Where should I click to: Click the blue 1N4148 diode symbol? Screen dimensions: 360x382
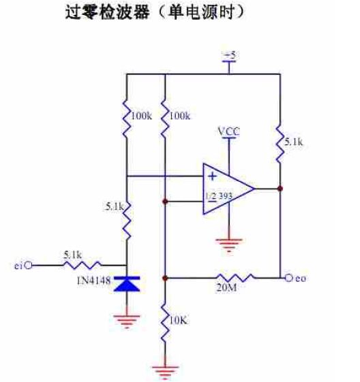[x=127, y=284]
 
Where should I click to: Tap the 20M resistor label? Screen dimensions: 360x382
[x=226, y=288]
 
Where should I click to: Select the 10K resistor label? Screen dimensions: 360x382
[x=178, y=321]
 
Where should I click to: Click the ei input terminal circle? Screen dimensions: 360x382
[x=29, y=266]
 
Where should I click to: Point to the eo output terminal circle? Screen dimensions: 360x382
[x=288, y=278]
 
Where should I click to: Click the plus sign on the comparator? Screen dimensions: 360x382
[x=213, y=176]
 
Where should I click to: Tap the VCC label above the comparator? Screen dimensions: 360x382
[x=229, y=131]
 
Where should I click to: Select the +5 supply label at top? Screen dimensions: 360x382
[x=229, y=56]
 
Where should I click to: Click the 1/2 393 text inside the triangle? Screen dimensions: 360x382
[x=219, y=195]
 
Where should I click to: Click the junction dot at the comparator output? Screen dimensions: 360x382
[x=280, y=189]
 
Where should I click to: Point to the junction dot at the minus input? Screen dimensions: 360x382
[x=165, y=202]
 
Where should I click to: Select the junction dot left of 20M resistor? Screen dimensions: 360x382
[x=165, y=278]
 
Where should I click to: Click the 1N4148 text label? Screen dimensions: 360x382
[x=94, y=281]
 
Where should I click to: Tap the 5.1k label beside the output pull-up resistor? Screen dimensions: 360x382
[x=294, y=142]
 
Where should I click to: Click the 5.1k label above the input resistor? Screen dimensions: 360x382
[x=73, y=255]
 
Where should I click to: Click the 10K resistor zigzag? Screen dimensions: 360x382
[x=165, y=325]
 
